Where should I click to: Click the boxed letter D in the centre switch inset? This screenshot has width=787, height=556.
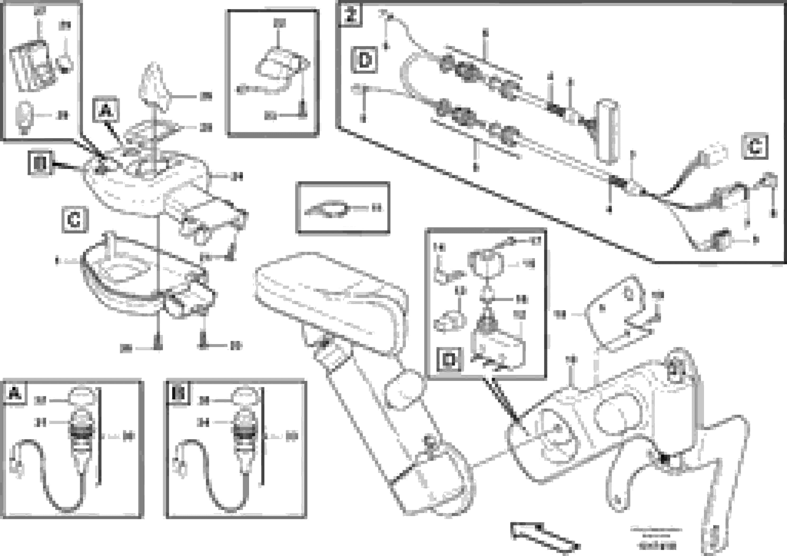(449, 359)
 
